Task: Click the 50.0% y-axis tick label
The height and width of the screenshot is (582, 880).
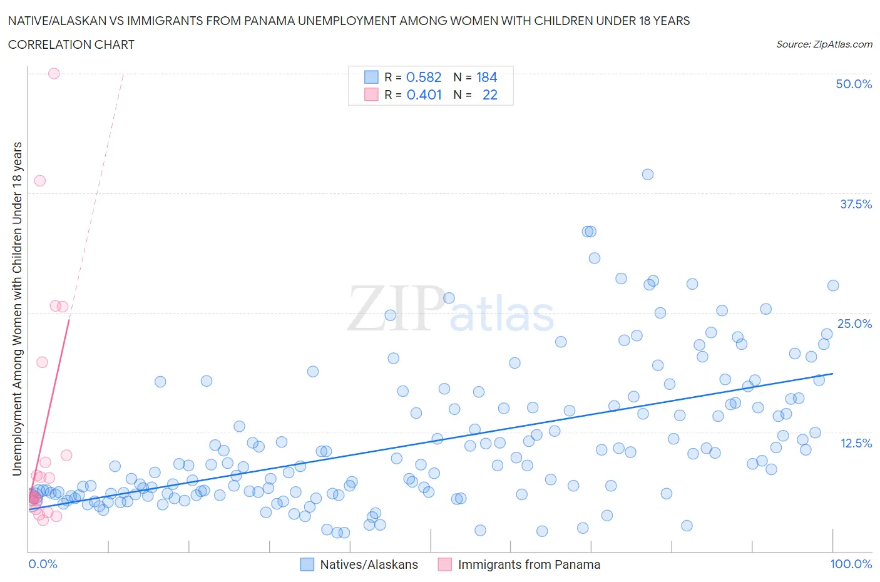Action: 854,84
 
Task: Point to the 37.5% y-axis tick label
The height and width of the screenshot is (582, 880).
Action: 856,204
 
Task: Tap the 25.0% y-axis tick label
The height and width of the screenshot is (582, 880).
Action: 854,324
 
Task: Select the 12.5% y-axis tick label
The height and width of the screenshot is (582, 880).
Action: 856,443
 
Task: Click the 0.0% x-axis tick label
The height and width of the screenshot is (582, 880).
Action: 43,564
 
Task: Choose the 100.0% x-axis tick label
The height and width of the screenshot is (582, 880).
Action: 851,564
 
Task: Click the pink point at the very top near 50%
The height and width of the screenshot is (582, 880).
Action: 54,73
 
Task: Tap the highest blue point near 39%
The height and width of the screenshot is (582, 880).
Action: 648,175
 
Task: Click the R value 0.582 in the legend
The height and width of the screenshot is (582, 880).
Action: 424,77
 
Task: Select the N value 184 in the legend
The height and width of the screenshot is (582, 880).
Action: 486,77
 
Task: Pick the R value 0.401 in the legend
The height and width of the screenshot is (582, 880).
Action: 424,94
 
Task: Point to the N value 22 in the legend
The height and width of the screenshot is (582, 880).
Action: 489,94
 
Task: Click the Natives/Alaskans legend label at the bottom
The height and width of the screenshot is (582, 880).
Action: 369,564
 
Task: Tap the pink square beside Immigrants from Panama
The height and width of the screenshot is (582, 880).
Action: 444,564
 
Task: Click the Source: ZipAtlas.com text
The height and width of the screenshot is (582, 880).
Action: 824,44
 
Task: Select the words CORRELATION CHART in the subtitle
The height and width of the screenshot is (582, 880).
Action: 71,44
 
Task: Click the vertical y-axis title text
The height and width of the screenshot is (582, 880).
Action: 17,309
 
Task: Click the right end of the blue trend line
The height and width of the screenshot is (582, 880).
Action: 832,374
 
